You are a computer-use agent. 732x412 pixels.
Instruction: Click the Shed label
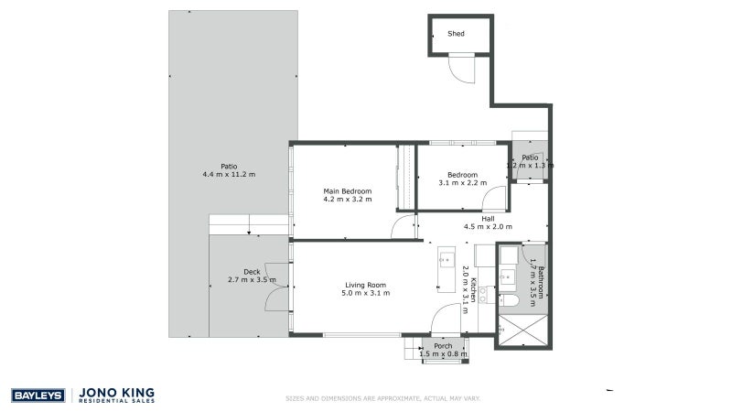(456, 34)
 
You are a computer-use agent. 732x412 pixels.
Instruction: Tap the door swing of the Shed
(462, 70)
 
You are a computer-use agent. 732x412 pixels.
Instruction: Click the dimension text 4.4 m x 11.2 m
(229, 174)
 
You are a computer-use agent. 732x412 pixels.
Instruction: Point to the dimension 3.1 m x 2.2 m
(462, 183)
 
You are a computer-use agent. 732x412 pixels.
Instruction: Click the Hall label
(488, 218)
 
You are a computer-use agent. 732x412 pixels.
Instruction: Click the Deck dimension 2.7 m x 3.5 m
(252, 279)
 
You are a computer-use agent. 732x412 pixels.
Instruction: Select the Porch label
(443, 346)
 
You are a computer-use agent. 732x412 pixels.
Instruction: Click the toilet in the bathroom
(512, 300)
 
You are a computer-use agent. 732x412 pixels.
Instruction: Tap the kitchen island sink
(447, 259)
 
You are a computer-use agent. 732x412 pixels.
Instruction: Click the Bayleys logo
(37, 396)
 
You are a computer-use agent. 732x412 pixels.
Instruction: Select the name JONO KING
(119, 392)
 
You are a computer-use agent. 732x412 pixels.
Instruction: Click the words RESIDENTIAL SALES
(119, 402)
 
